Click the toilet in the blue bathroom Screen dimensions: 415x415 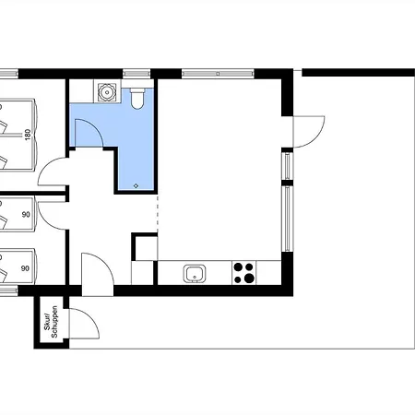(x=137, y=99)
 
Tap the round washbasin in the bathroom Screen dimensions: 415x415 (x=107, y=91)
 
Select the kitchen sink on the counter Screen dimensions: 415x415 (x=195, y=273)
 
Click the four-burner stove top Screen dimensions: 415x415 (x=244, y=273)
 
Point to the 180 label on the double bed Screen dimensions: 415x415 (x=28, y=135)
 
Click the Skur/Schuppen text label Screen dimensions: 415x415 (x=51, y=322)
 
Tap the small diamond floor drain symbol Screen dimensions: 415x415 (x=136, y=185)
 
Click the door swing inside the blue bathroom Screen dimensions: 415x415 (x=89, y=133)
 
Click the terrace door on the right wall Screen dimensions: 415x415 (x=309, y=132)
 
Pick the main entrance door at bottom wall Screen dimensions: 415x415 (x=98, y=275)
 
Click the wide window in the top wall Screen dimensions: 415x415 (x=218, y=74)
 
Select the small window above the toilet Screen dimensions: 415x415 (x=136, y=74)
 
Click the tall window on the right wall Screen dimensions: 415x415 (x=288, y=219)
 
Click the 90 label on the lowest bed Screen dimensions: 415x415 (x=25, y=268)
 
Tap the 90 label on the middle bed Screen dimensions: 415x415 (x=26, y=214)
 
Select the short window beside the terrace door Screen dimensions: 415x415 (x=288, y=166)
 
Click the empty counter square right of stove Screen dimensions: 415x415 (x=268, y=273)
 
